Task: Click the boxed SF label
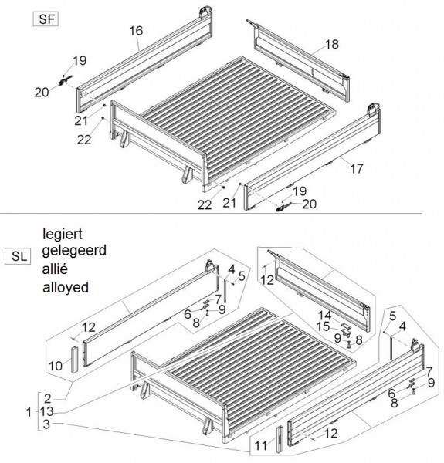(x=46, y=19)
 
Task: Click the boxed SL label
(x=18, y=256)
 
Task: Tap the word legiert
(x=63, y=235)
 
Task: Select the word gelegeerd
(x=74, y=251)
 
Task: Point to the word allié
(x=56, y=269)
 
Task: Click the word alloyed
(x=66, y=287)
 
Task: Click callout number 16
(x=136, y=31)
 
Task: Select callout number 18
(x=332, y=44)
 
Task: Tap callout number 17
(x=356, y=169)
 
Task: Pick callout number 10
(x=56, y=366)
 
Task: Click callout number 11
(x=260, y=446)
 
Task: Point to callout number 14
(x=324, y=316)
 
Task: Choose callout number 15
(x=323, y=326)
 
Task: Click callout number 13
(x=46, y=411)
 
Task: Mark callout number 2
(x=48, y=399)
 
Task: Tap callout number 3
(x=46, y=424)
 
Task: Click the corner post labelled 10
(x=74, y=360)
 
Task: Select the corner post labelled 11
(x=280, y=439)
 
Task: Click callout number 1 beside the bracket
(x=29, y=412)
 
